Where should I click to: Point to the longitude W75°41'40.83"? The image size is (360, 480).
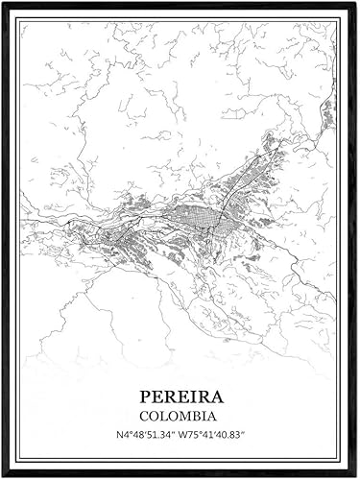tap(222, 437)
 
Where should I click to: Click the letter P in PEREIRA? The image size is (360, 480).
tap(145, 395)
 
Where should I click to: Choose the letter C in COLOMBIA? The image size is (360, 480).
tap(144, 416)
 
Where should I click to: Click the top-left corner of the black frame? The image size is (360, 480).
tap(3, 3)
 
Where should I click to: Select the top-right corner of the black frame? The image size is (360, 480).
tap(356, 3)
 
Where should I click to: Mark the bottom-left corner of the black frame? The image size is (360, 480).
tap(3, 475)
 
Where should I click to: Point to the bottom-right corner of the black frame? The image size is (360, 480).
tap(356, 475)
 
